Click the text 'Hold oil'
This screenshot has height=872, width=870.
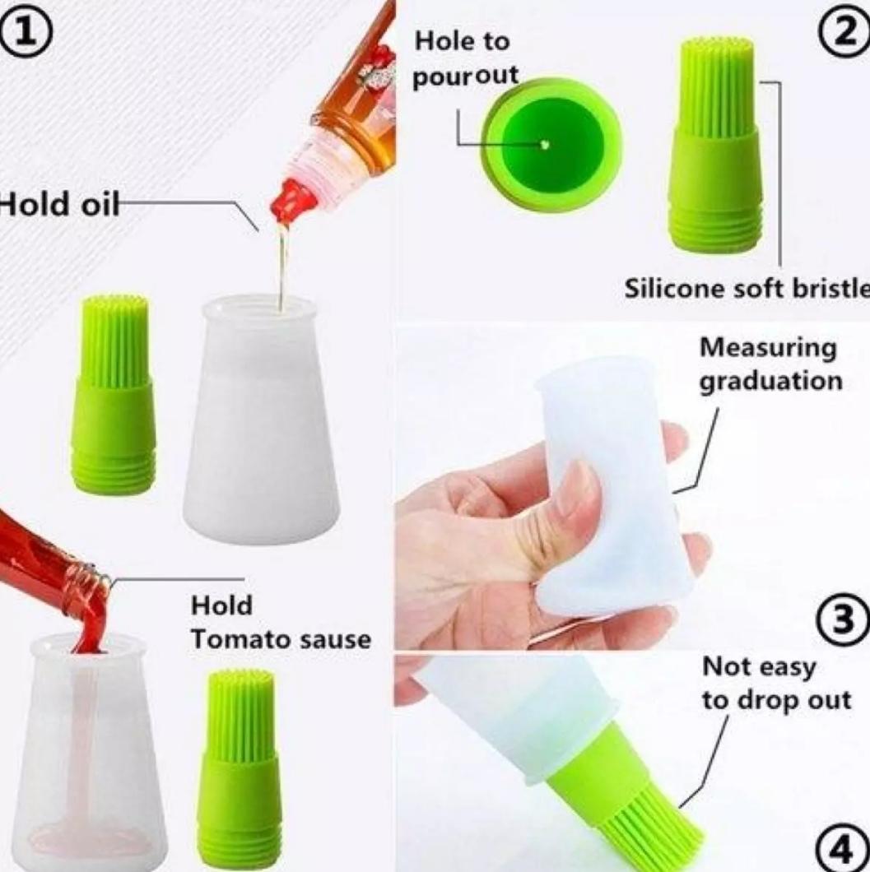tap(58, 203)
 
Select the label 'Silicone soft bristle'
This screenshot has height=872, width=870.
tap(745, 289)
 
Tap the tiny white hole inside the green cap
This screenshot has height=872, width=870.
tap(544, 145)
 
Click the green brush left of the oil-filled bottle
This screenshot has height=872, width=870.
tap(114, 395)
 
